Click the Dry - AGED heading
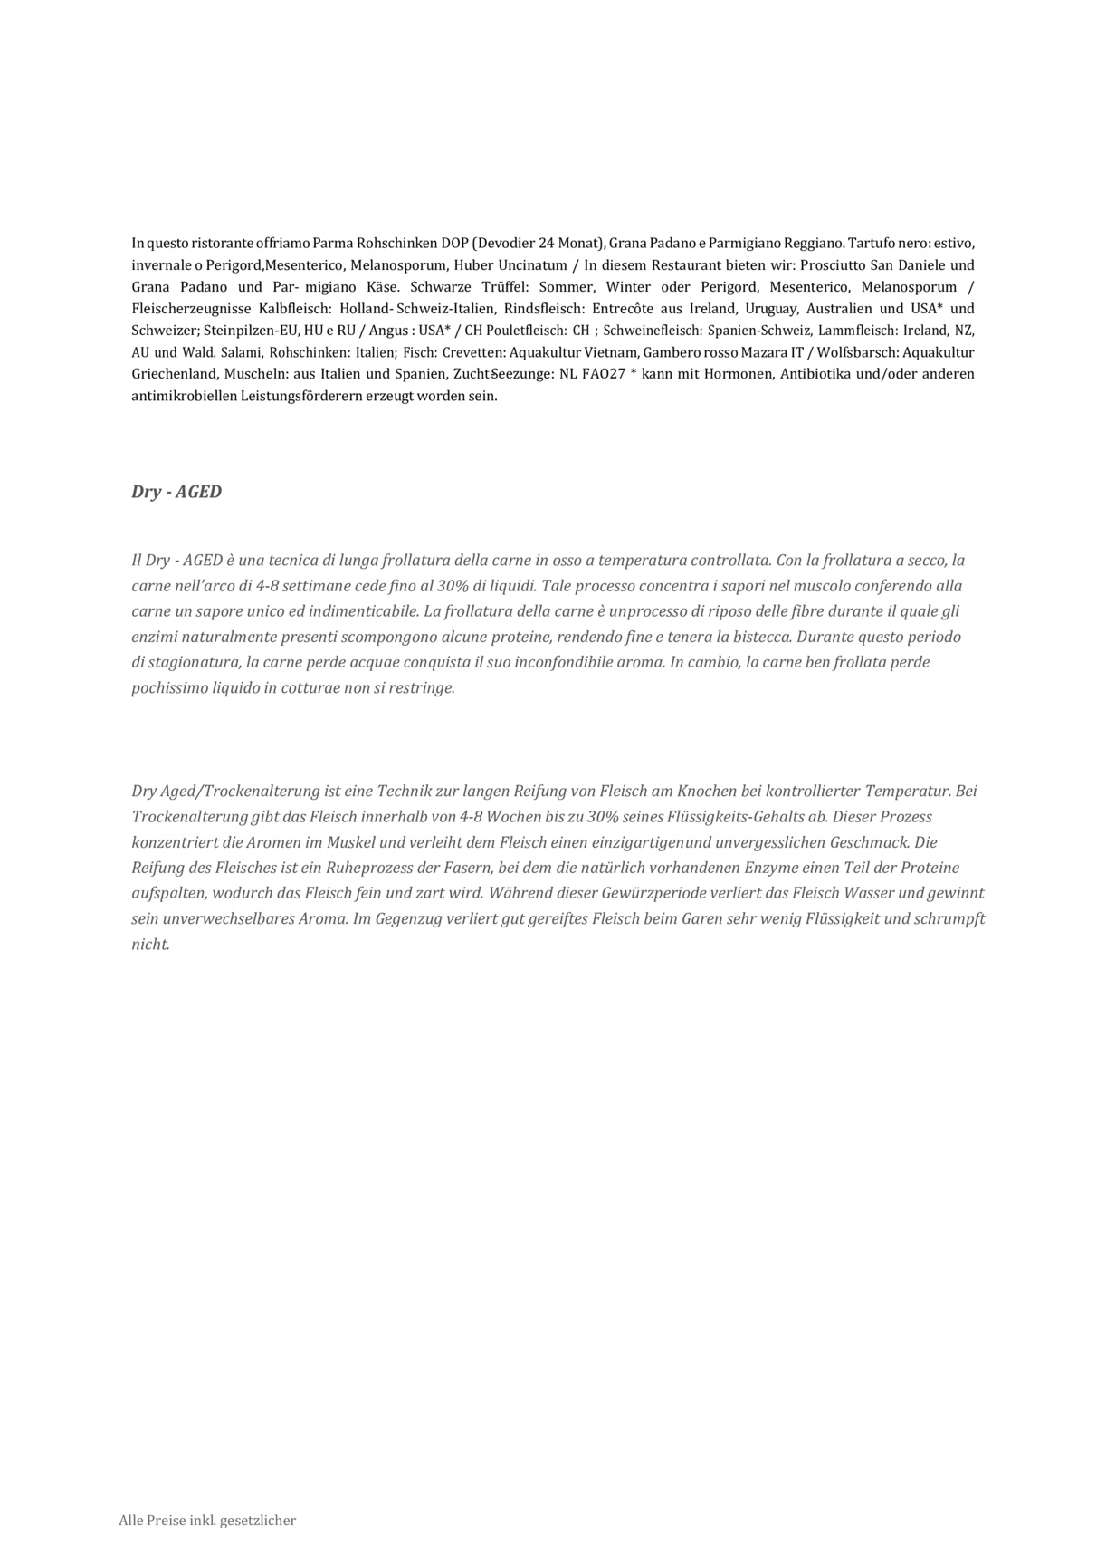coord(176,493)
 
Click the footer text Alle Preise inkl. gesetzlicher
coord(207,1521)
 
